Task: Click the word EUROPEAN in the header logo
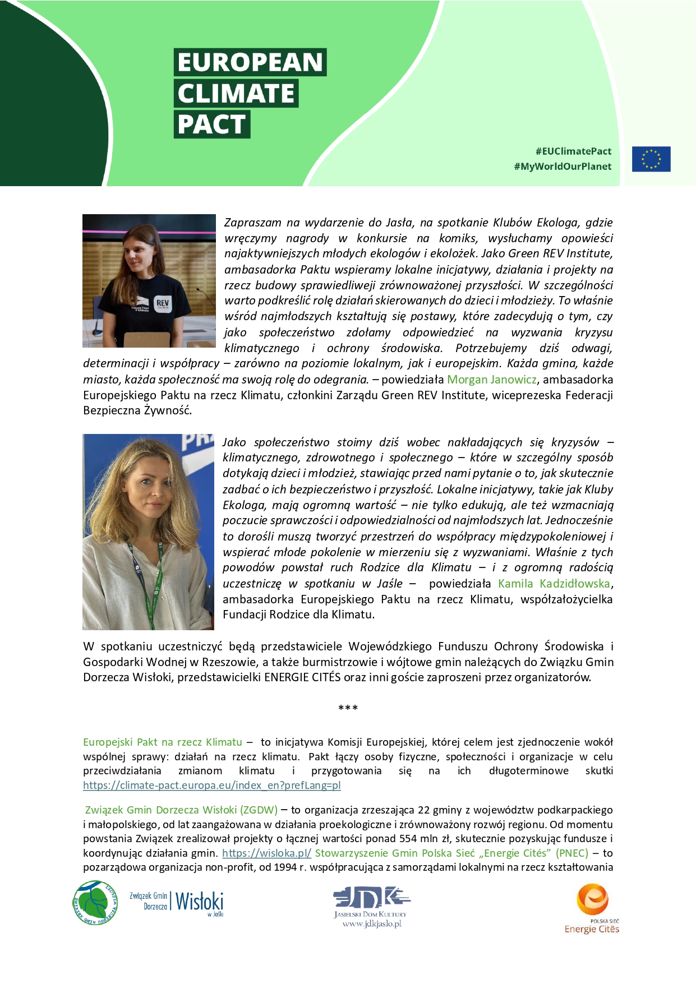250,62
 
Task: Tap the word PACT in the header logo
211,124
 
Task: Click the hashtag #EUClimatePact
573,151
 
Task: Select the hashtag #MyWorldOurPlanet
563,167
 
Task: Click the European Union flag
651,159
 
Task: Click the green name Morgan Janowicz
491,380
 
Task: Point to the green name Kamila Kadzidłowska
554,584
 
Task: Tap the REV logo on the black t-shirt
163,303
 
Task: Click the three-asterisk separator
348,708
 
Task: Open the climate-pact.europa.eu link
212,786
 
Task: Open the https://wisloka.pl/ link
266,853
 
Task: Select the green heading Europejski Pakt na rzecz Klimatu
163,742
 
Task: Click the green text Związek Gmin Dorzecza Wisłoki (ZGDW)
181,810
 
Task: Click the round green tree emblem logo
95,903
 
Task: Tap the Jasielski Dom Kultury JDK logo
371,898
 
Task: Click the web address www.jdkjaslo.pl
372,924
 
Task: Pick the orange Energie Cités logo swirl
592,899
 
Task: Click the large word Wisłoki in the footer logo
199,902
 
